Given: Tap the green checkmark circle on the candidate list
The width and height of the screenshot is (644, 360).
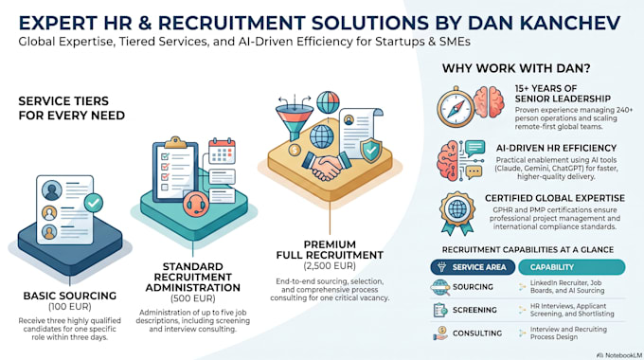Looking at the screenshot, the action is [x=94, y=203].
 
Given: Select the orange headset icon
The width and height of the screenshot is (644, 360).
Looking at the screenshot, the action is [x=196, y=204].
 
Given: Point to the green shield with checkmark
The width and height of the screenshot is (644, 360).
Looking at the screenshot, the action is [x=371, y=150].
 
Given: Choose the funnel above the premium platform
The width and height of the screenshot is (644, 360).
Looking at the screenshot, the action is [x=295, y=119].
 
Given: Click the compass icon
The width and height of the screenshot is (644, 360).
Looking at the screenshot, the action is [x=456, y=108].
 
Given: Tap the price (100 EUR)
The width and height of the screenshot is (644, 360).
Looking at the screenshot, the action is [x=70, y=307].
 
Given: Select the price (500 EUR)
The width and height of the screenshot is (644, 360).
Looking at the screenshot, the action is [x=192, y=298].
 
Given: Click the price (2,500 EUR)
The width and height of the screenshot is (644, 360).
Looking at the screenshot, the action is [x=330, y=266].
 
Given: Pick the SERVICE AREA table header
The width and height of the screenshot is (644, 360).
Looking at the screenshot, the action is [x=473, y=267].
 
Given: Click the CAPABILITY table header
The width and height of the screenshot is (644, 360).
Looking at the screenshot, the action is [x=572, y=267].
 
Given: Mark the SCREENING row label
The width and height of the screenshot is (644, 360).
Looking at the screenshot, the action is [x=474, y=310].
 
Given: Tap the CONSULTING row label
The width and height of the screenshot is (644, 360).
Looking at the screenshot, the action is [x=477, y=333].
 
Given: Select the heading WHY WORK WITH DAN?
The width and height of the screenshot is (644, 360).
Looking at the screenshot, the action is [x=516, y=68].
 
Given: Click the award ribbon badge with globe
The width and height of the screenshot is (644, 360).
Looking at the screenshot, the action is [x=457, y=213].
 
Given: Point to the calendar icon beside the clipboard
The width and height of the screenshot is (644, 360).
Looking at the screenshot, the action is [x=222, y=152].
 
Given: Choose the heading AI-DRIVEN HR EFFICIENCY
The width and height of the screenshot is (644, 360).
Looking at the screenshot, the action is [x=556, y=148].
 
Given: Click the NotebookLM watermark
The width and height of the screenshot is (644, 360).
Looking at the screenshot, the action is [x=619, y=355].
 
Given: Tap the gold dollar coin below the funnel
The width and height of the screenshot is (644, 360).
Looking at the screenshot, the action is [x=295, y=150].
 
